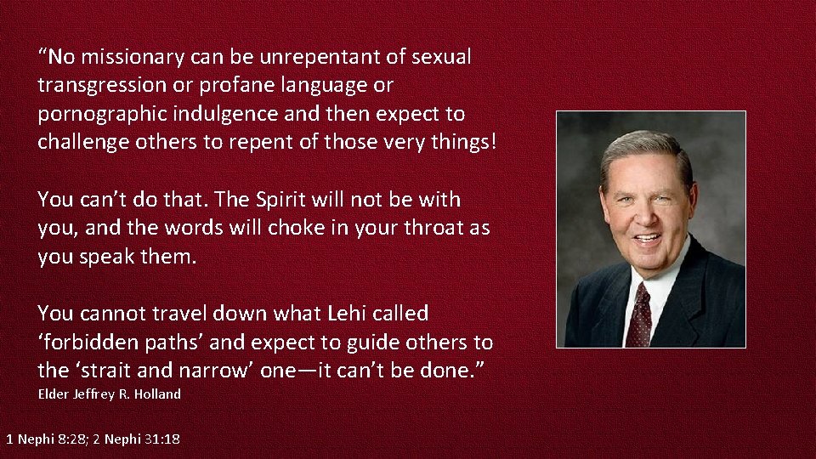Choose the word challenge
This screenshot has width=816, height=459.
click(x=83, y=142)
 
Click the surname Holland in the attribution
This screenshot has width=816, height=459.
click(x=157, y=394)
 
